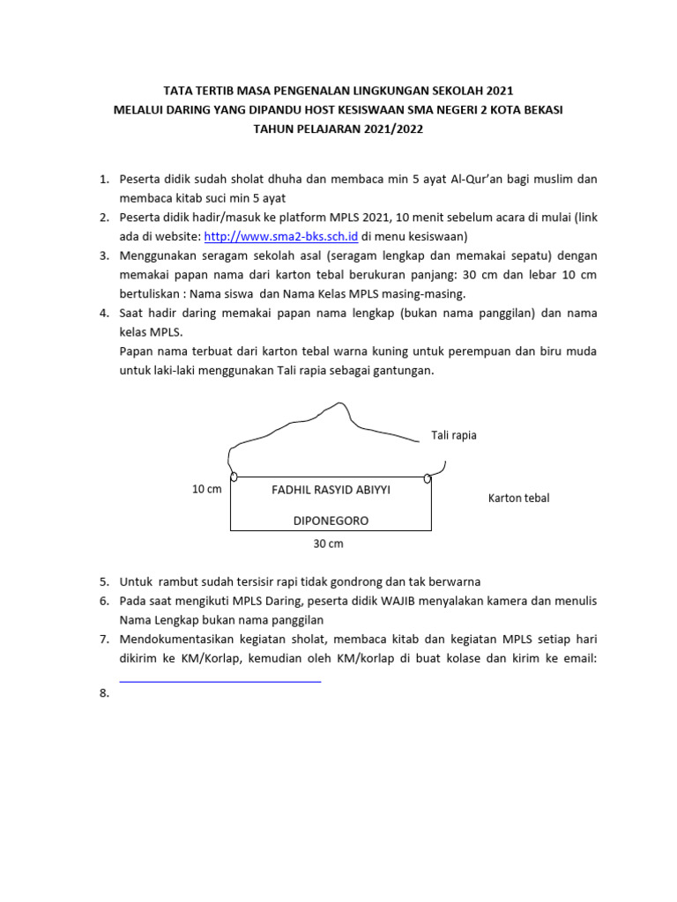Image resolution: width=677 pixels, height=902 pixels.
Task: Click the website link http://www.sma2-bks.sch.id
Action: tap(281, 236)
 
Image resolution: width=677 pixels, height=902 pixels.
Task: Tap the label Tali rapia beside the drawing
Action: tap(453, 435)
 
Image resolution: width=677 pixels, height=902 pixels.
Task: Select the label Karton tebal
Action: tap(518, 498)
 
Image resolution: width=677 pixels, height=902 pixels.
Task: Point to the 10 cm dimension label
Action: tap(207, 489)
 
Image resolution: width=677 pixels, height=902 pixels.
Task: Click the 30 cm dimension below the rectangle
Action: tap(328, 543)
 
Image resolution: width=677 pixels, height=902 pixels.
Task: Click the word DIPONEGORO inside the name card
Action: tap(331, 521)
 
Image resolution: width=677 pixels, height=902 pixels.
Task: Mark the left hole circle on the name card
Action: tap(234, 477)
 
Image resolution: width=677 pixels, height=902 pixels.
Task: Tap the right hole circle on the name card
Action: tap(428, 478)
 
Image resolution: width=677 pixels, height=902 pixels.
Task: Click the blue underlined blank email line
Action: tap(219, 679)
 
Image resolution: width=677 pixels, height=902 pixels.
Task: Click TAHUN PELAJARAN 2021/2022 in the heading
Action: tap(338, 129)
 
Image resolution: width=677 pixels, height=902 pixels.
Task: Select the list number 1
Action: tap(103, 180)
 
